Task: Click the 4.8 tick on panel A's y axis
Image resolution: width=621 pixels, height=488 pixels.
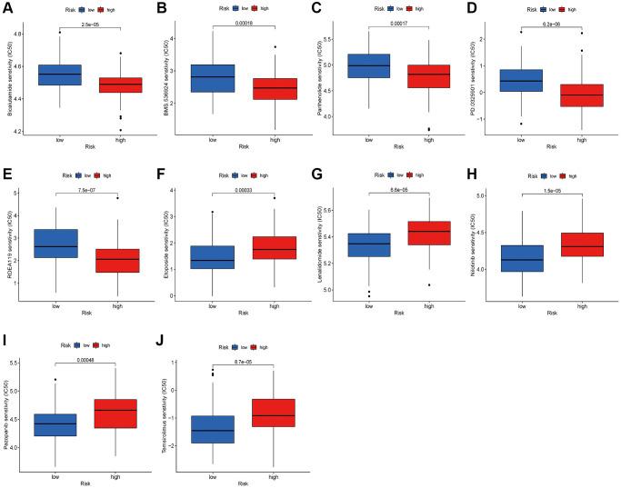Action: pos(21,34)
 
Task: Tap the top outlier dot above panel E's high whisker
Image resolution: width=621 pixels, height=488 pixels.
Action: pos(116,197)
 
